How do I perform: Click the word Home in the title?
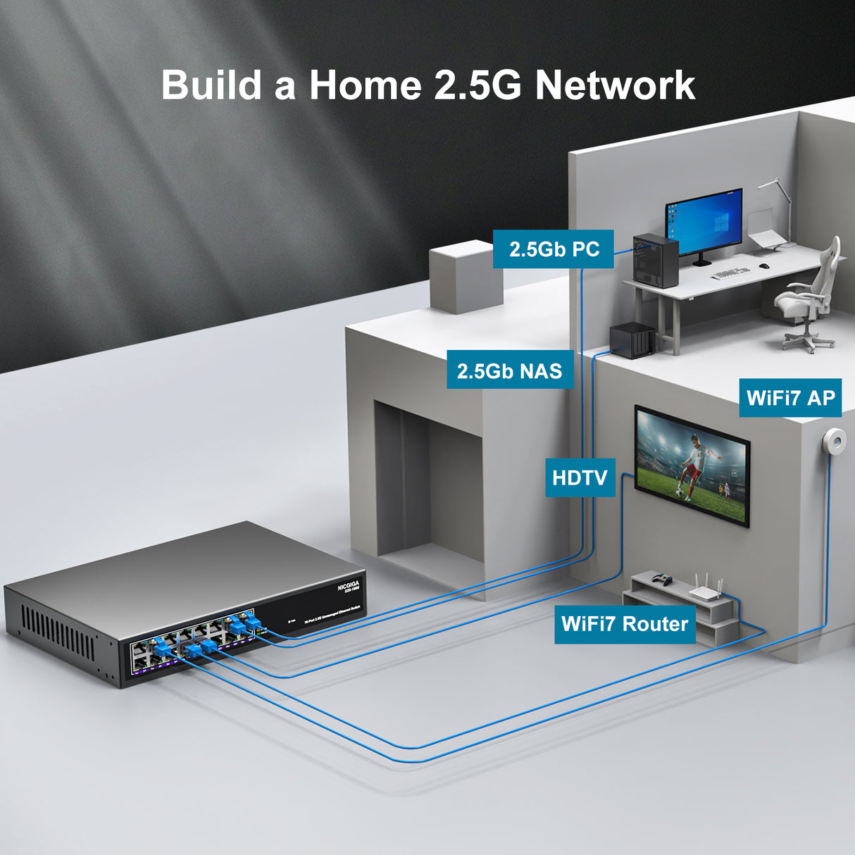[x=365, y=85]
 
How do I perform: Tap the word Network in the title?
[x=615, y=85]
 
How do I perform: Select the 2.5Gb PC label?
[x=554, y=249]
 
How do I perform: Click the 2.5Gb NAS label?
[x=509, y=371]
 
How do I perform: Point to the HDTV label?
[x=580, y=478]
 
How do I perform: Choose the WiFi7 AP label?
[x=790, y=398]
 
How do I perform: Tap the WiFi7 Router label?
[x=624, y=624]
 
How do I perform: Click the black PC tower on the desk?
[x=655, y=261]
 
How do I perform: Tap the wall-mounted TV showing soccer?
[x=692, y=465]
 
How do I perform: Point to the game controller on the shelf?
[x=661, y=580]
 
